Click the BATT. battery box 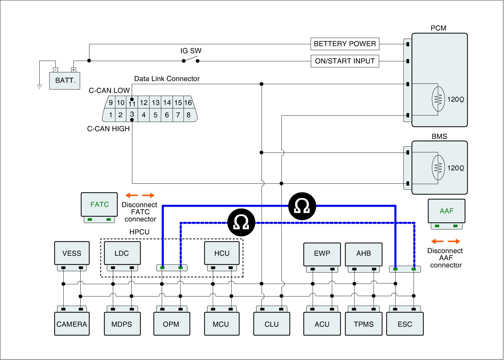click(65, 80)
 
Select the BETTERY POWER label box click(345, 44)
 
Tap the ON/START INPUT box click(345, 61)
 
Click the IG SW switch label click(191, 51)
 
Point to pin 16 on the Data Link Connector click(188, 103)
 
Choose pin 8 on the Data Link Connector click(188, 115)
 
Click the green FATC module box click(99, 204)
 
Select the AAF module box click(446, 211)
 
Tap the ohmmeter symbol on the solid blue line click(302, 206)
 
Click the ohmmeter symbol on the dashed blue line click(241, 223)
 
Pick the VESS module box click(72, 253)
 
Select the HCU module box click(222, 253)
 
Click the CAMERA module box click(72, 324)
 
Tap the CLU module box click(272, 324)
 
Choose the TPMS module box click(364, 324)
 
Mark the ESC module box click(405, 324)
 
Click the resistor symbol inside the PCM click(438, 100)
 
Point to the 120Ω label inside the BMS click(455, 168)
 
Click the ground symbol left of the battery click(39, 87)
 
